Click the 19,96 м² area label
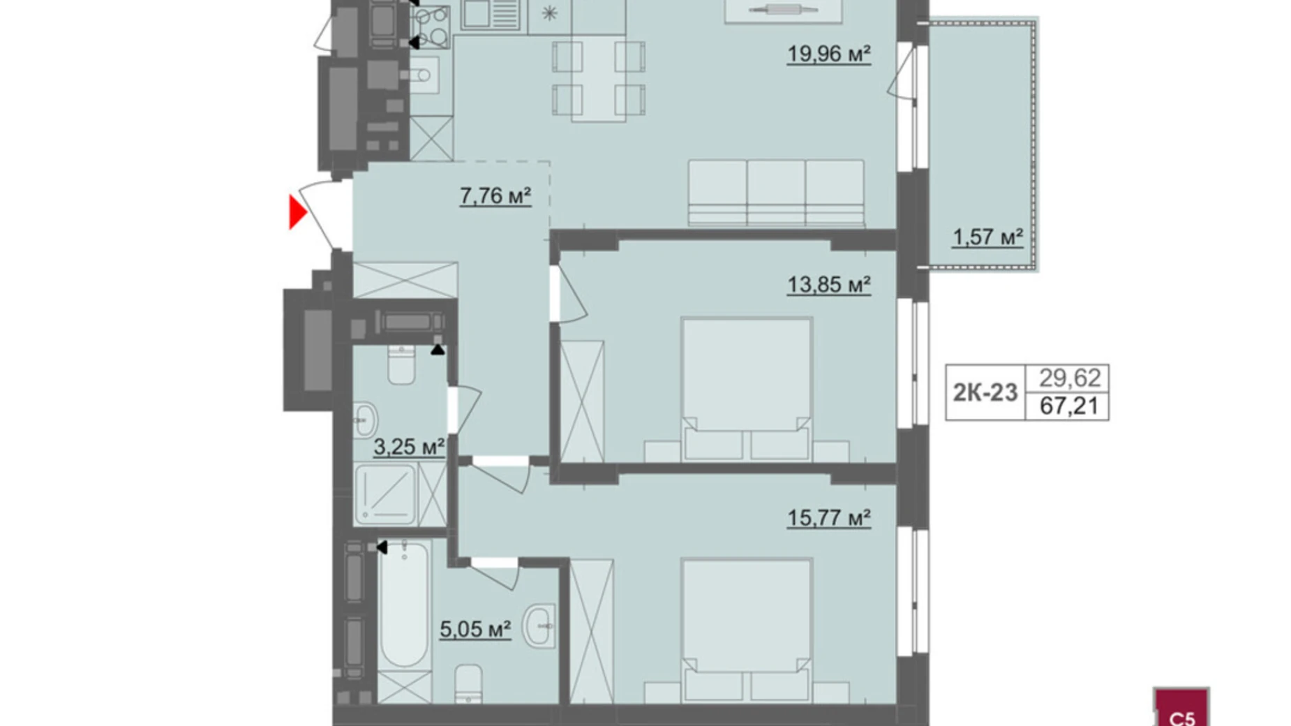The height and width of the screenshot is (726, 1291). pyautogui.click(x=829, y=54)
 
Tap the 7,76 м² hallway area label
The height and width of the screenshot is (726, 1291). pyautogui.click(x=495, y=196)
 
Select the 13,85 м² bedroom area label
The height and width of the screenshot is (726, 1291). pyautogui.click(x=829, y=285)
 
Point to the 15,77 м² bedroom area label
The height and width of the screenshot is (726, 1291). pyautogui.click(x=829, y=518)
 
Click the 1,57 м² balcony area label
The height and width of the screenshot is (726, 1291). pyautogui.click(x=987, y=237)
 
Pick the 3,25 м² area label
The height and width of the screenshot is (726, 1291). pyautogui.click(x=409, y=447)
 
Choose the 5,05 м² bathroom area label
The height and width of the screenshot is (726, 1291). pyautogui.click(x=475, y=630)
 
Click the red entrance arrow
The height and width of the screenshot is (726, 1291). pyautogui.click(x=298, y=212)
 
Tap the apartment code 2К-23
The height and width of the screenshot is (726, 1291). pyautogui.click(x=985, y=393)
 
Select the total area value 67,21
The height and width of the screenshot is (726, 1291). pyautogui.click(x=1069, y=406)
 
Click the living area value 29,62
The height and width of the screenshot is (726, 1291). pyautogui.click(x=1069, y=378)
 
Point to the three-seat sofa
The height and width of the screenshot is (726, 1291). pyautogui.click(x=776, y=193)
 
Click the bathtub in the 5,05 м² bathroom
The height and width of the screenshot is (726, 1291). pyautogui.click(x=403, y=605)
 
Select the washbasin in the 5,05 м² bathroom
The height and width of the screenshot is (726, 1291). pyautogui.click(x=539, y=626)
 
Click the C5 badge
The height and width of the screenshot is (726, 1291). pyautogui.click(x=1181, y=709)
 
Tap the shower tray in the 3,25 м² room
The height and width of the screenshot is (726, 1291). pyautogui.click(x=385, y=494)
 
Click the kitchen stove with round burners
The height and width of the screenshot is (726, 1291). pyautogui.click(x=431, y=27)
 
